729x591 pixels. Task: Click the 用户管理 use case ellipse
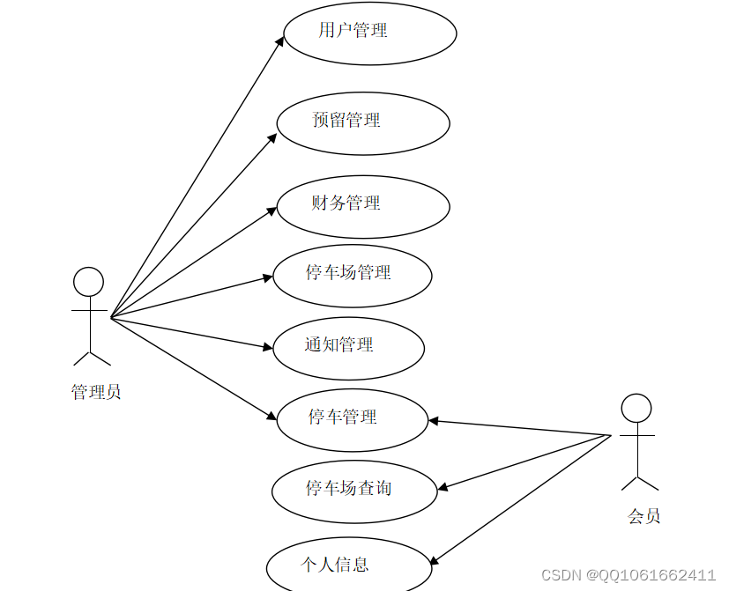(370, 33)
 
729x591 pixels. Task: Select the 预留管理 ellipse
(363, 123)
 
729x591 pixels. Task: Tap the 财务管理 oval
(363, 206)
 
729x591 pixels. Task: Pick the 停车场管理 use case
(353, 276)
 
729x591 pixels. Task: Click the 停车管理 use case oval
(353, 420)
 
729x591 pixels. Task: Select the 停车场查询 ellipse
(354, 491)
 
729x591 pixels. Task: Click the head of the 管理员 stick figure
(88, 282)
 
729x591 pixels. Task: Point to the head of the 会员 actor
(636, 408)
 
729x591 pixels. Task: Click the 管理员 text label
(95, 393)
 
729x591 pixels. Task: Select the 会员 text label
(644, 517)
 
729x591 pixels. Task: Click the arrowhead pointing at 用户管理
(280, 41)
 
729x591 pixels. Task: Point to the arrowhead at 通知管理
(269, 348)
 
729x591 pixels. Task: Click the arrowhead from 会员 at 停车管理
(434, 421)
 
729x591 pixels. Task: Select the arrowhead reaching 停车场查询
(443, 487)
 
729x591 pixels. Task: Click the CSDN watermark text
(629, 575)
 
